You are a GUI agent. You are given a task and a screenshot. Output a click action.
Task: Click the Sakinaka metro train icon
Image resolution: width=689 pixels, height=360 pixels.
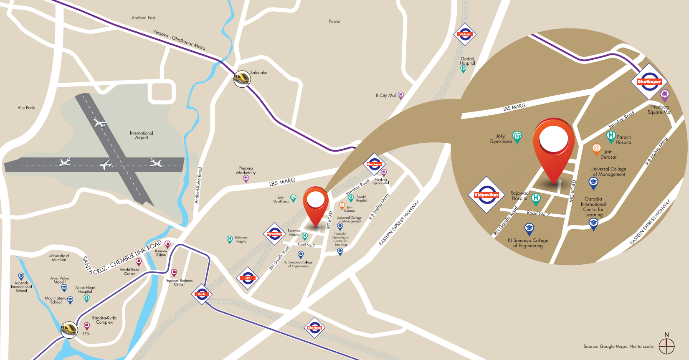[x=242, y=79]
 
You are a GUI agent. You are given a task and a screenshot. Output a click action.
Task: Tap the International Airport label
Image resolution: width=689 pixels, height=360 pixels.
[x=142, y=135]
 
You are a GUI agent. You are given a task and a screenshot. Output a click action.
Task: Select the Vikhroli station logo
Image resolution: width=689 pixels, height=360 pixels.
[x=465, y=35]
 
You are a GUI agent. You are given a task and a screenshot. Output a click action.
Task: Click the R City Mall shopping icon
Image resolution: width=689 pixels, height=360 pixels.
[x=400, y=96]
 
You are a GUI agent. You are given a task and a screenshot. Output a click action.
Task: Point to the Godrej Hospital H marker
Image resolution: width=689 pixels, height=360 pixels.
[x=463, y=69]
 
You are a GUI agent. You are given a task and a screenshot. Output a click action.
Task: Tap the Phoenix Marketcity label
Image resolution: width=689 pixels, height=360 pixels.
[x=246, y=170]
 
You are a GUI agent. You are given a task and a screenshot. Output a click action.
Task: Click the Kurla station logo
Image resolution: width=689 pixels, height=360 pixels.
[x=202, y=294]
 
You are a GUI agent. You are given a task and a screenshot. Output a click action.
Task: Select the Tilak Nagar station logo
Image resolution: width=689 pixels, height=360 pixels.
[x=314, y=328]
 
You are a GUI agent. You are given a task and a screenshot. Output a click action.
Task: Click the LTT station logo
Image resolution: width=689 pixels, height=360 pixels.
[x=248, y=278]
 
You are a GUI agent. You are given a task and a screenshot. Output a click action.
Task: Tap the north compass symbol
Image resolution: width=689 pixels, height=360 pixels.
[x=666, y=345]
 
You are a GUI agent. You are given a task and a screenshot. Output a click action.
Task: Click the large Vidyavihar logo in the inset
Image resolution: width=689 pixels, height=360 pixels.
[x=486, y=195]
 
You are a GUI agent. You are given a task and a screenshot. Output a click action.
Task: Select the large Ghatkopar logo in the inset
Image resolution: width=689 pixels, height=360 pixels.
[x=649, y=82]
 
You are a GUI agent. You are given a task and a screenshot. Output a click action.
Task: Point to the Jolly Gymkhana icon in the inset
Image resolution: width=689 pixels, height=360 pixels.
[x=517, y=137]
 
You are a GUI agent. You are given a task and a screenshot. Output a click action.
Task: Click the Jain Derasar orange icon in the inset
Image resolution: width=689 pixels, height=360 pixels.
[x=596, y=149]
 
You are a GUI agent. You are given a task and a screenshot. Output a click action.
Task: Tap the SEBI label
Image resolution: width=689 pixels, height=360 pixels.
[x=86, y=334]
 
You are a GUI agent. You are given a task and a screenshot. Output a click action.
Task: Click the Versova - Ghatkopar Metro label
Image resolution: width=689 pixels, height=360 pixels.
[x=179, y=40]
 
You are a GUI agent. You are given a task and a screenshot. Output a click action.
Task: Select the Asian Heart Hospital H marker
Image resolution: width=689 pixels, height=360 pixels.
[x=86, y=298]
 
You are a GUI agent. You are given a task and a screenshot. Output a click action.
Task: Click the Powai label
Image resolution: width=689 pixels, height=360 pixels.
[x=334, y=21]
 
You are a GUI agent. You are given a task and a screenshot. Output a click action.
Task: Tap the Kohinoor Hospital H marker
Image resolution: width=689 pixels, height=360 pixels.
[x=229, y=239]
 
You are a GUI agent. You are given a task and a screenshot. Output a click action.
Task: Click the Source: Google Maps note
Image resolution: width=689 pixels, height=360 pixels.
[x=618, y=346]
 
